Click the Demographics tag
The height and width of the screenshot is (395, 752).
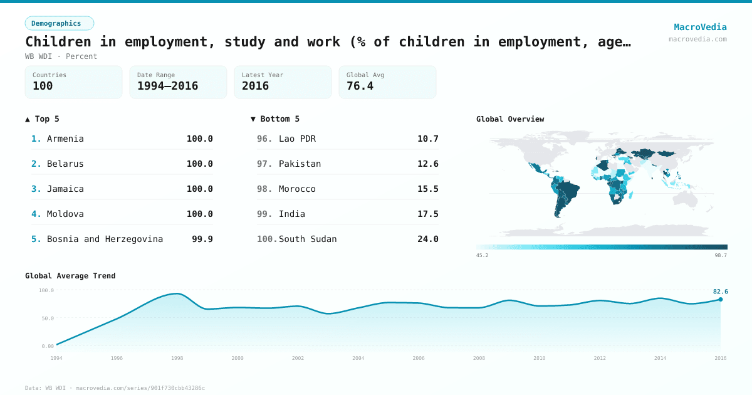click(x=59, y=23)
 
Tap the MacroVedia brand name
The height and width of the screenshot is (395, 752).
click(x=700, y=27)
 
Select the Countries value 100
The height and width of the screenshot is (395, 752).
click(x=43, y=86)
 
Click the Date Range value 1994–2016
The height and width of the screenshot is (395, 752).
click(x=167, y=86)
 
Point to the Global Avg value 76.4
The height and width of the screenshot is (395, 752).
click(x=360, y=86)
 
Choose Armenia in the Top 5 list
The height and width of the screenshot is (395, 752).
click(x=65, y=139)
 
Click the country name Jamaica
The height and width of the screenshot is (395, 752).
click(x=65, y=189)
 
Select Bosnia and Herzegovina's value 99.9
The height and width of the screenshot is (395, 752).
click(x=202, y=239)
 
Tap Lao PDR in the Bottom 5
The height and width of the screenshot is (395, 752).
click(x=297, y=139)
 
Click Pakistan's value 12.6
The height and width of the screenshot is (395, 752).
click(x=428, y=164)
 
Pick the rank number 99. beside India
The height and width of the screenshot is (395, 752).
click(x=264, y=214)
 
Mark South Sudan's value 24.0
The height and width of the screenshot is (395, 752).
click(x=428, y=239)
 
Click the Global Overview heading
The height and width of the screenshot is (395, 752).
click(x=510, y=119)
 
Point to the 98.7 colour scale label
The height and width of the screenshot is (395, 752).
click(x=721, y=255)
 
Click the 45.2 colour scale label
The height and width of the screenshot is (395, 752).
click(x=482, y=255)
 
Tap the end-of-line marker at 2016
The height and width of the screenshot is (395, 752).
click(x=720, y=300)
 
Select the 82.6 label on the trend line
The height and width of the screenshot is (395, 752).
click(x=720, y=292)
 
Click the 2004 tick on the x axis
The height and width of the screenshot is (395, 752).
click(x=358, y=358)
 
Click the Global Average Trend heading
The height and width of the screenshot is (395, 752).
click(x=70, y=276)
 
